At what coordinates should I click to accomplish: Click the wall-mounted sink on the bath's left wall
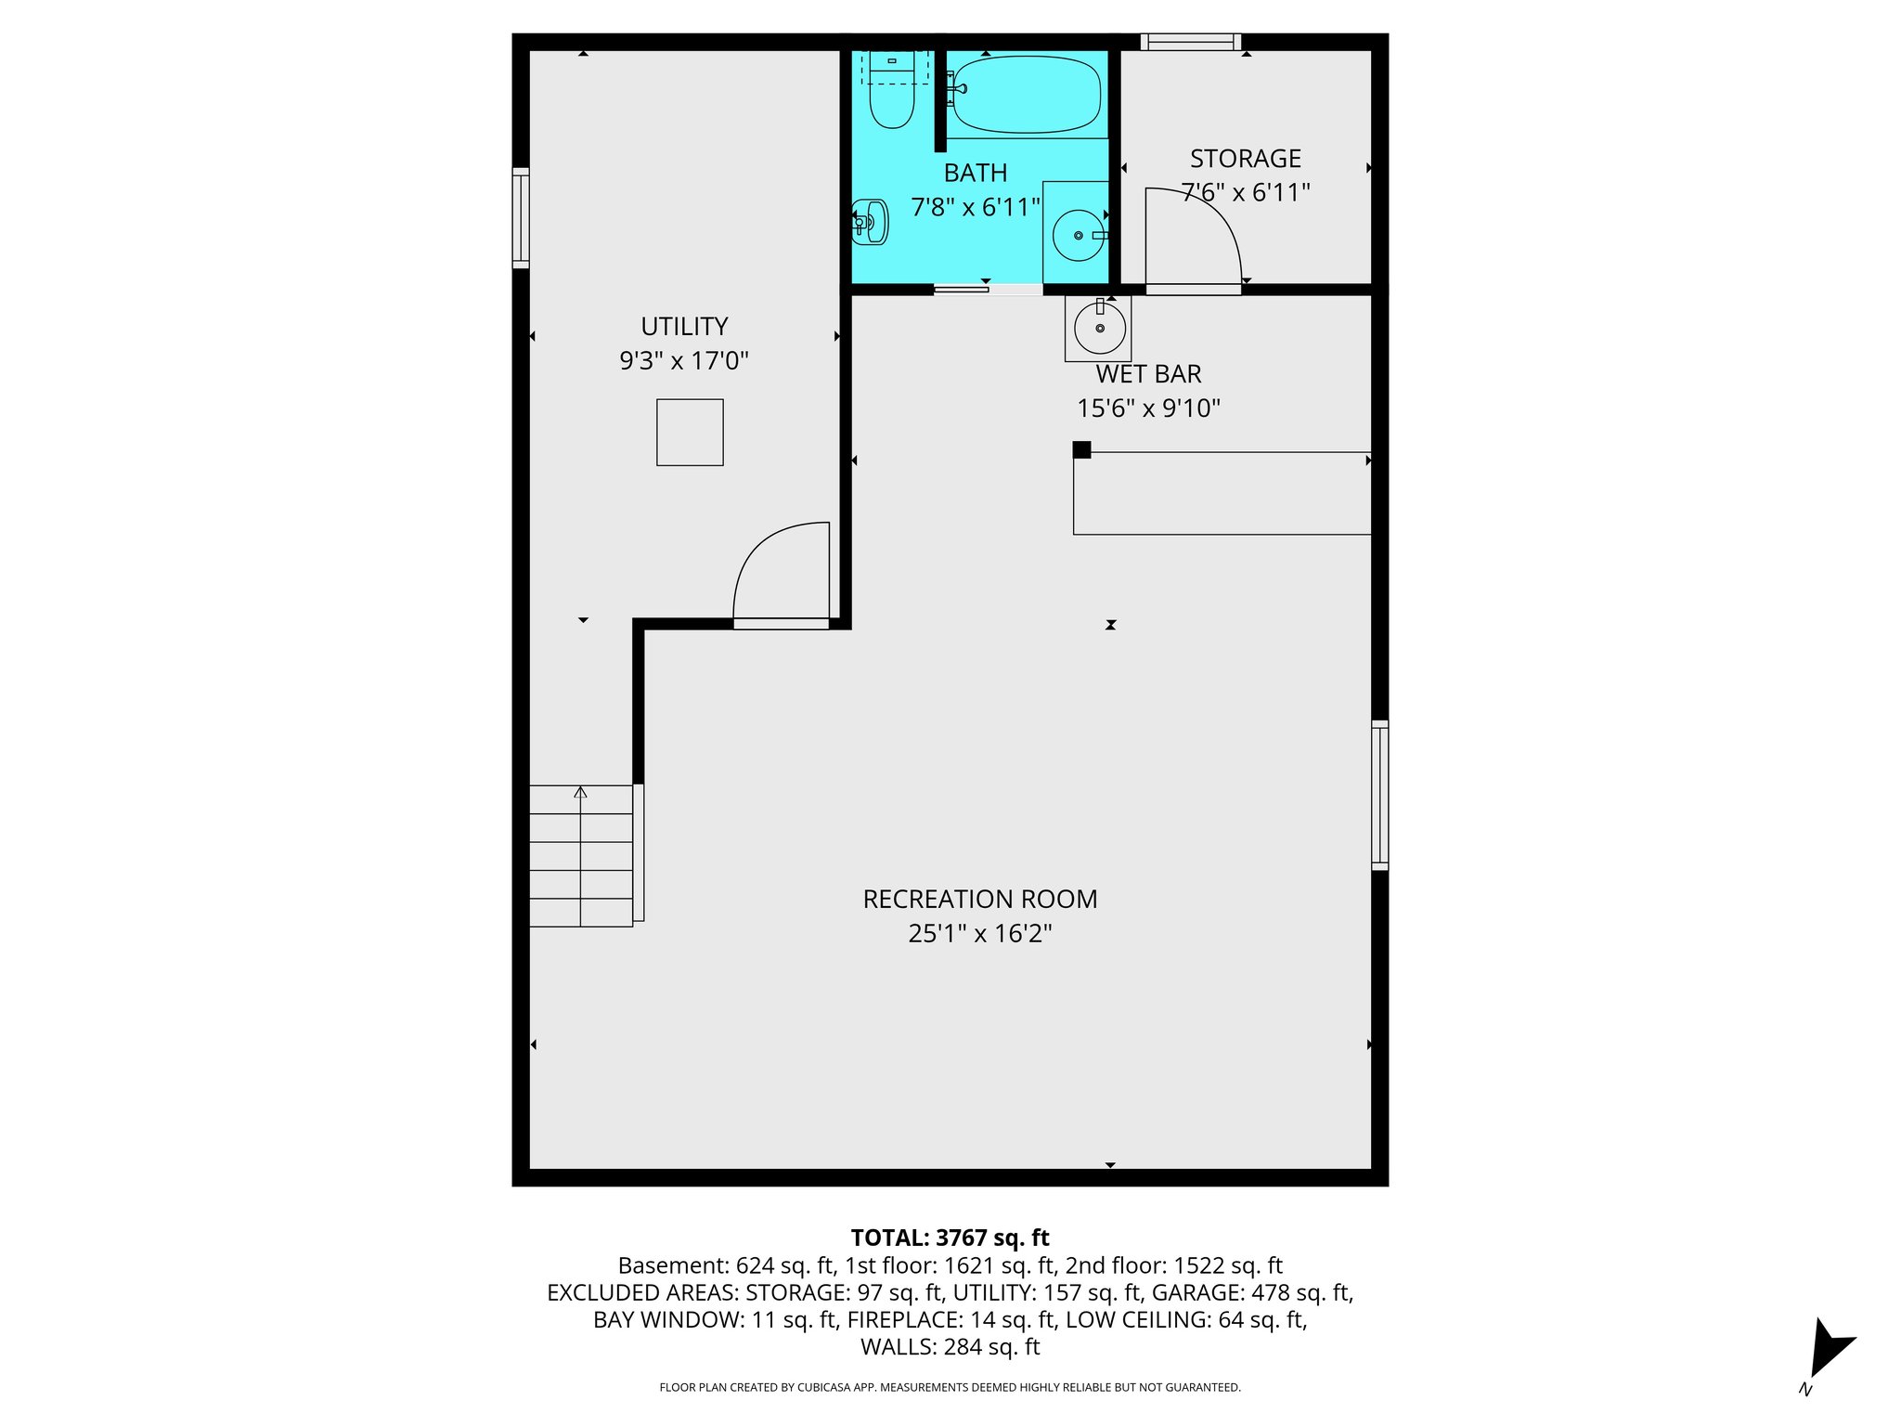click(x=871, y=222)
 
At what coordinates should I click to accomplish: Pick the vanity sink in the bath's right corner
click(x=1078, y=236)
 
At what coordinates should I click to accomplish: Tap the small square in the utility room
click(x=690, y=433)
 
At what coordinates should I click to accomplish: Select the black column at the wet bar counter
click(x=1081, y=450)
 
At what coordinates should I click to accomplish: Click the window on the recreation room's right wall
click(x=1380, y=795)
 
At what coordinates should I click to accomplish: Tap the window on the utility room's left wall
click(x=521, y=218)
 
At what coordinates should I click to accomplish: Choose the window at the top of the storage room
click(x=1191, y=42)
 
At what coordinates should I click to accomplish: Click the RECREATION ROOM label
click(x=979, y=899)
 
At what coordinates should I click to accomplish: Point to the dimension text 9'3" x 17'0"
click(x=684, y=360)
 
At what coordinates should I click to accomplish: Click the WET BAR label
click(x=1148, y=374)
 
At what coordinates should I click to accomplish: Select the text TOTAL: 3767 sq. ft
click(x=950, y=1238)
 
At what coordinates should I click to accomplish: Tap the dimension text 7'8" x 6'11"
click(x=976, y=207)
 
